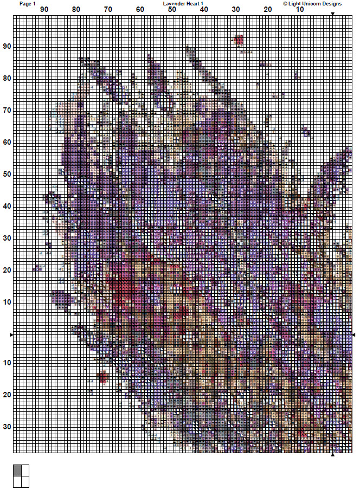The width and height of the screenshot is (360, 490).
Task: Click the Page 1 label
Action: tap(27, 3)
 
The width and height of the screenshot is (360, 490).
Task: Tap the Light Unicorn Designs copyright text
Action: tap(312, 3)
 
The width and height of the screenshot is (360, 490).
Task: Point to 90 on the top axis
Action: tap(44, 10)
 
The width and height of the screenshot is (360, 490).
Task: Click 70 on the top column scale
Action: tap(108, 10)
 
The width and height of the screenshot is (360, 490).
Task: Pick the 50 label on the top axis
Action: tap(172, 10)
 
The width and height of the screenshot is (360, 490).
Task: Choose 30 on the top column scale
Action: tap(236, 10)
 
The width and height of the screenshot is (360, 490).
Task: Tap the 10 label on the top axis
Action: tap(300, 10)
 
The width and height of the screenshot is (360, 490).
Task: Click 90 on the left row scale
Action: tap(7, 47)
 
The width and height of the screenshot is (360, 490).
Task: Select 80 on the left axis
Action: tap(7, 79)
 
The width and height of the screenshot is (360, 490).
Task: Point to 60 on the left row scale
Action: tap(7, 143)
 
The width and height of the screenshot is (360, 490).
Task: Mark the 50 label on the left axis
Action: tap(7, 175)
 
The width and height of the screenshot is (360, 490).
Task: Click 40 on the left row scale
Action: tap(7, 207)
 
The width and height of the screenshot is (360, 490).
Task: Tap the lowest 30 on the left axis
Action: tap(7, 427)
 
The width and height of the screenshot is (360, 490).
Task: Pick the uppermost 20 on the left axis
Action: tap(7, 270)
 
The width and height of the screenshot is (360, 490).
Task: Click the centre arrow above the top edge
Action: tap(332, 14)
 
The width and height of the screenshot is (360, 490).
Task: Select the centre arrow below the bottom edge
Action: tap(332, 455)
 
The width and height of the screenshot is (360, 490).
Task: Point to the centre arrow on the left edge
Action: tap(11, 335)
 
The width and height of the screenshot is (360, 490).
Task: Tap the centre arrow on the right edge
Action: tap(353, 335)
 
